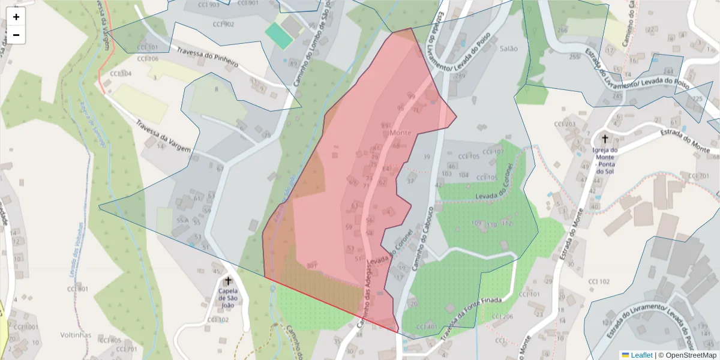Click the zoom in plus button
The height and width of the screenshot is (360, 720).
tap(16, 17)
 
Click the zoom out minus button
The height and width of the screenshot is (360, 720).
tap(16, 35)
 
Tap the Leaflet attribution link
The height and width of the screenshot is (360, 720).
tap(637, 355)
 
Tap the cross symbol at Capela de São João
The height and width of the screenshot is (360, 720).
tap(228, 281)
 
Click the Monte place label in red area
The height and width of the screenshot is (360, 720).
tap(400, 132)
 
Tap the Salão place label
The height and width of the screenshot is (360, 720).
tap(509, 49)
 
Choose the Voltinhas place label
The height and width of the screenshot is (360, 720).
tap(76, 334)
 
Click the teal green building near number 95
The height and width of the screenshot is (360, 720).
tap(279, 35)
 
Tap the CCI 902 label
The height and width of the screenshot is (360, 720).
tap(223, 24)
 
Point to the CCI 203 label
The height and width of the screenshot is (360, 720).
tap(565, 124)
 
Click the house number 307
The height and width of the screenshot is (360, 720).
tap(311, 265)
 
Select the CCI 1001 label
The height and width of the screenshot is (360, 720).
tap(26, 327)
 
